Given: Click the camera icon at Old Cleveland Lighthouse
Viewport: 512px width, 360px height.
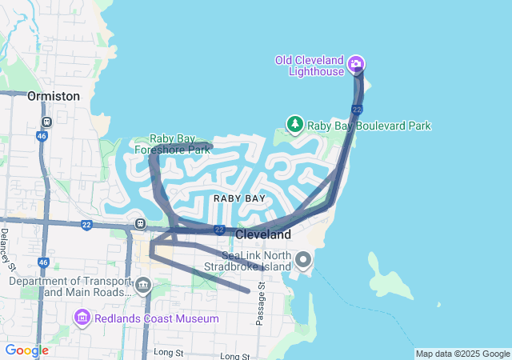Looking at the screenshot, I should click(357, 64).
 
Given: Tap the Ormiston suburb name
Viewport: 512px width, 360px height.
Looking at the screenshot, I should click(54, 95).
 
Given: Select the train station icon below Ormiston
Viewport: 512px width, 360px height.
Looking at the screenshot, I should click(47, 122).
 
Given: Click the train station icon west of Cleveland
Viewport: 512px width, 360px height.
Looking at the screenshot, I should click(141, 224).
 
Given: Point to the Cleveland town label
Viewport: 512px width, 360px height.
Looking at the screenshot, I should click(263, 235).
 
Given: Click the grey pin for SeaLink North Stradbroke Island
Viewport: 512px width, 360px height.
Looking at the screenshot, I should click(303, 259).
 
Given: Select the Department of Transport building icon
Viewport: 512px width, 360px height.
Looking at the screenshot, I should click(143, 284).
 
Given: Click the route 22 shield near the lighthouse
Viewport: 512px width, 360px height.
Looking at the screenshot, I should click(357, 109).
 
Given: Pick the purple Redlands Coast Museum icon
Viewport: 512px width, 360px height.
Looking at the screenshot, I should click(82, 318).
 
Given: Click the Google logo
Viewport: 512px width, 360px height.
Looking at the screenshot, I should click(26, 350).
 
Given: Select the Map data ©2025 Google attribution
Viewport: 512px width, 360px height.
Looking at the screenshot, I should click(462, 354).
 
